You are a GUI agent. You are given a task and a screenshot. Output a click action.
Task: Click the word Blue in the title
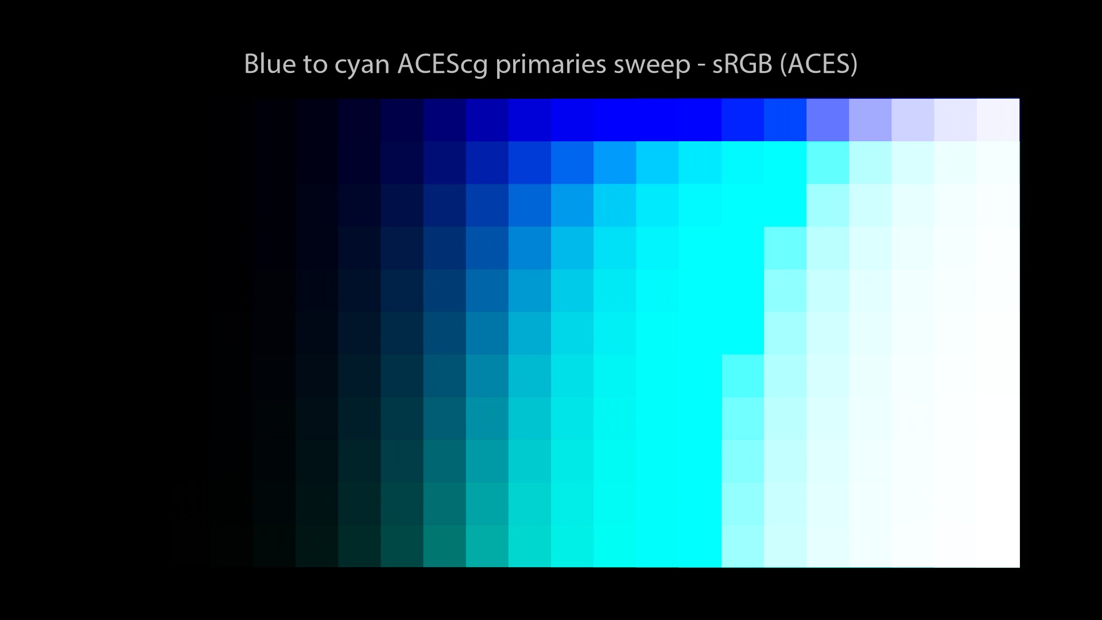click(x=270, y=64)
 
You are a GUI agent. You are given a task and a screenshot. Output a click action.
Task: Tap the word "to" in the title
click(x=315, y=65)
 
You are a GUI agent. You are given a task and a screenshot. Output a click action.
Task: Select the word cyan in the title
click(x=362, y=67)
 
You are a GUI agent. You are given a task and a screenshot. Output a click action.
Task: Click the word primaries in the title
click(x=550, y=65)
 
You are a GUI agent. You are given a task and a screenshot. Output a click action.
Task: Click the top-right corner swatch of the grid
click(x=998, y=119)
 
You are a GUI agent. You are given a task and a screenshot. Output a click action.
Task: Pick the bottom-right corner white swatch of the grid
click(x=998, y=547)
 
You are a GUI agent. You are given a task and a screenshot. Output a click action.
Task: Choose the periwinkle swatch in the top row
click(x=828, y=119)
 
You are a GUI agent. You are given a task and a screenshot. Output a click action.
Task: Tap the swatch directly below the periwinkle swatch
click(x=828, y=162)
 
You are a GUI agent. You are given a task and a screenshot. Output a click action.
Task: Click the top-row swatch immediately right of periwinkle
click(x=870, y=119)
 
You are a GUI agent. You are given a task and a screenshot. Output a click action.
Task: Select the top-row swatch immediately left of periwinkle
click(x=785, y=119)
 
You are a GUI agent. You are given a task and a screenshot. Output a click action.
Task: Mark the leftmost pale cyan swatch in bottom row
click(x=743, y=547)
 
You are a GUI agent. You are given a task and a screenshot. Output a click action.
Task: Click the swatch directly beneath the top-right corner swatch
click(x=998, y=162)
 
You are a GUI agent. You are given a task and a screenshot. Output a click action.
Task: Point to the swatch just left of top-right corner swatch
click(x=956, y=119)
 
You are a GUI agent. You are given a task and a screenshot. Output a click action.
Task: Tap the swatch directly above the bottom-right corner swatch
click(x=998, y=504)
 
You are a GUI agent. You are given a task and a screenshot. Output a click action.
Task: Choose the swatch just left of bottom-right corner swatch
click(x=956, y=547)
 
